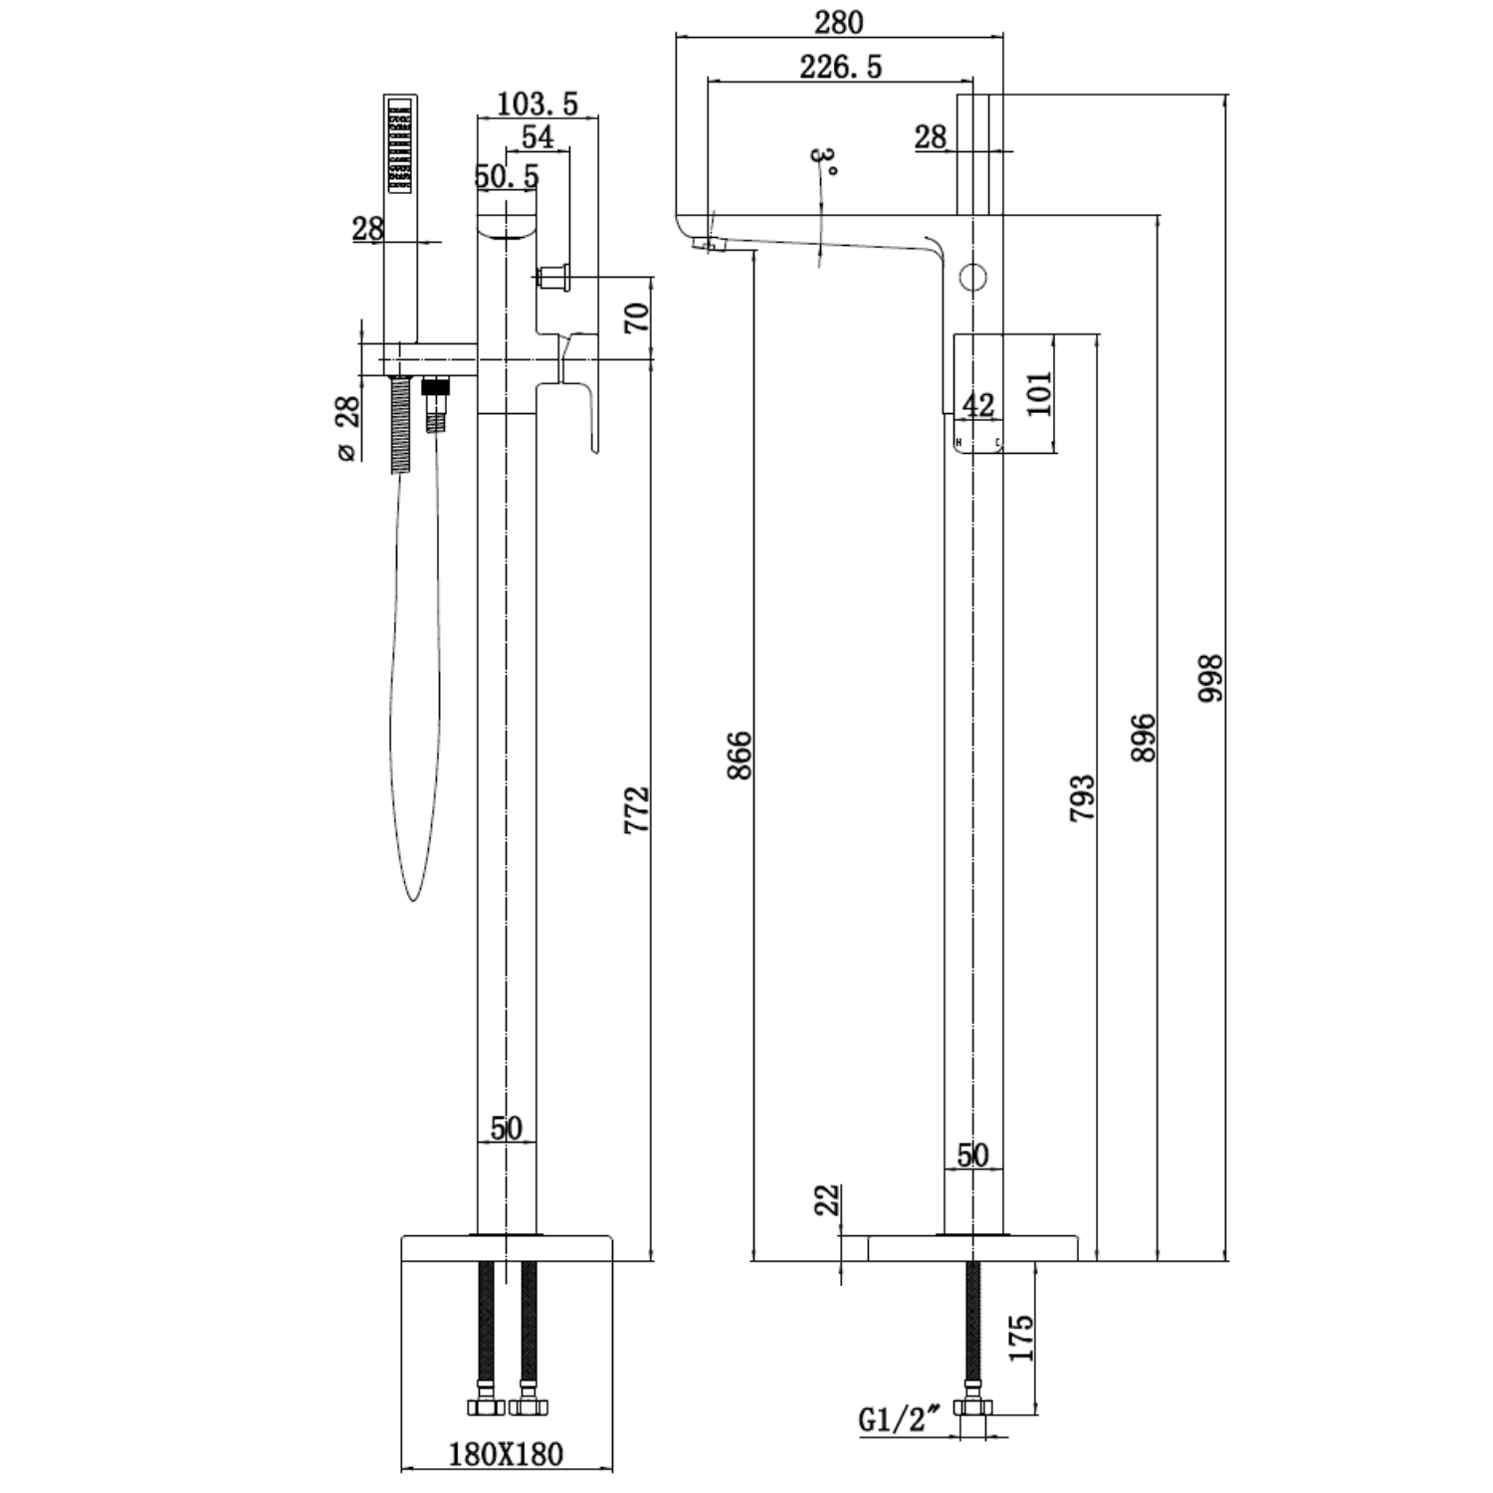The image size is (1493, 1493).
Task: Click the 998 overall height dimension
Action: click(x=1209, y=679)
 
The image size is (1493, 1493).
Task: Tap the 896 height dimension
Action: click(x=1144, y=737)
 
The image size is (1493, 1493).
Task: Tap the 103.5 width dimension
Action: click(x=537, y=103)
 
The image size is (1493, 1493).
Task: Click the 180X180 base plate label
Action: click(x=506, y=1454)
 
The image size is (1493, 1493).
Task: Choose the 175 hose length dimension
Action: click(x=1022, y=1337)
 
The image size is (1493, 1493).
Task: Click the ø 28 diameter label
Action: click(x=346, y=428)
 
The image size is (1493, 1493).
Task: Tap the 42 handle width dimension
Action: click(x=976, y=404)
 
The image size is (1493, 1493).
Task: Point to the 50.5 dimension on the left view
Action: click(x=507, y=176)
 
